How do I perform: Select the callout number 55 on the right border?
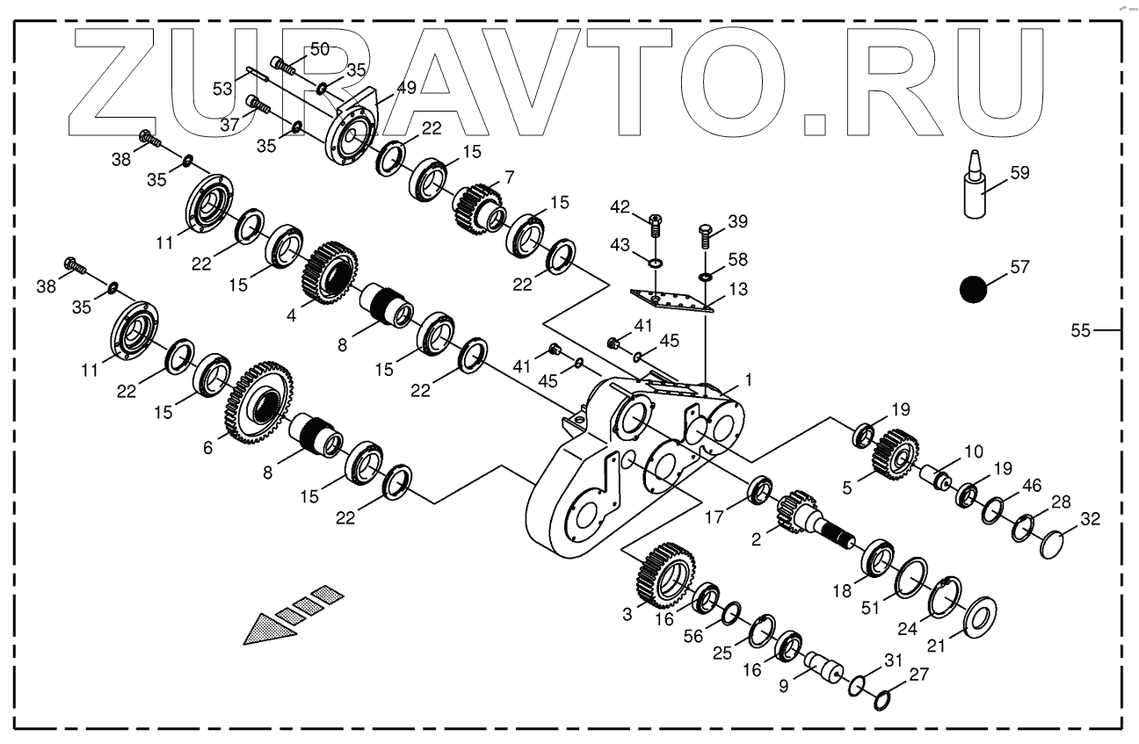pos(1080,330)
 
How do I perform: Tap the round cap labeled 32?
pos(1052,544)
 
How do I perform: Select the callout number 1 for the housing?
pos(748,379)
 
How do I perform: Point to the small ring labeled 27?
pos(884,700)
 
